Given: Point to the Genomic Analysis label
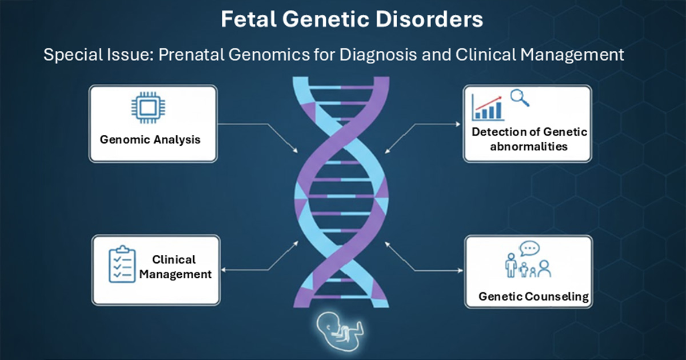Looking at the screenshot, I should [x=151, y=139].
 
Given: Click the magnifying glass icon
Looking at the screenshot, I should [x=519, y=98].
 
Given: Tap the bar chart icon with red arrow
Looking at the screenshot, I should [x=487, y=106].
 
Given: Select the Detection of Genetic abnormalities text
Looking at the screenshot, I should [x=529, y=139].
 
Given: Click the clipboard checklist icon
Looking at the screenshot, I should [x=121, y=265].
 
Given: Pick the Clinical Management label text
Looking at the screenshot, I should [x=175, y=267].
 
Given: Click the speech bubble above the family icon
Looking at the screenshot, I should [x=529, y=249].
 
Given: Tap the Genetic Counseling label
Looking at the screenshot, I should [x=533, y=297].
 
